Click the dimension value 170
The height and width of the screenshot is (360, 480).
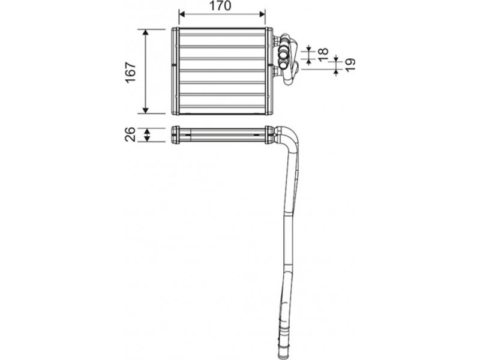pos(221,6)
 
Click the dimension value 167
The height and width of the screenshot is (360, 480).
pos(131,73)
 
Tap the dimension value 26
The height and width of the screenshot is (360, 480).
pos(130,134)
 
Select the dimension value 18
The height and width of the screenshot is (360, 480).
pos(323,55)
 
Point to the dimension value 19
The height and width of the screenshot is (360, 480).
pos(350,65)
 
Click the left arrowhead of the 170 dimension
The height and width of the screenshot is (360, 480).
pos(182,14)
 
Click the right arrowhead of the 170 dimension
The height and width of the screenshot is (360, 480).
pos(262,14)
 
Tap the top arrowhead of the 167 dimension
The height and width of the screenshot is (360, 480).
pos(146,32)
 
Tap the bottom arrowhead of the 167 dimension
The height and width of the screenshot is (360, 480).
pos(146,110)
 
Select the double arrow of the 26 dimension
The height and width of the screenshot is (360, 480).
pos(147,135)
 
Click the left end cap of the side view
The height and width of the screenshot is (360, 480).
pos(175,135)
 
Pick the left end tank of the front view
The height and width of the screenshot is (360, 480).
pos(175,71)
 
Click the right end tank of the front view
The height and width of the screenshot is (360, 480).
pos(269,71)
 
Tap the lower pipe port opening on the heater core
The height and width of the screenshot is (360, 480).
pos(283,65)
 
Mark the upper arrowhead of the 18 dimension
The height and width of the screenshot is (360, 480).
pos(308,49)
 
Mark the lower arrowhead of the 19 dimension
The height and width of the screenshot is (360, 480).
pos(336,72)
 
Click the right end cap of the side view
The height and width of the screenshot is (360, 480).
pos(269,135)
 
